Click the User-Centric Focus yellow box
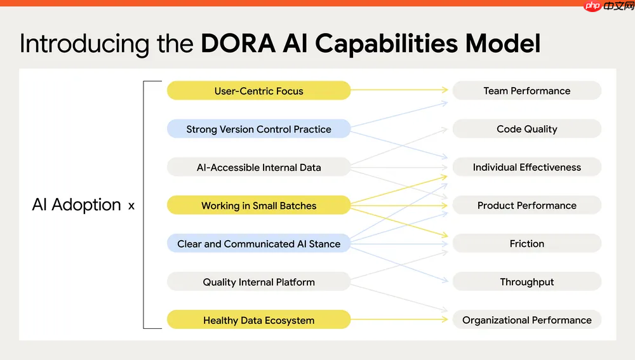pyautogui.click(x=258, y=91)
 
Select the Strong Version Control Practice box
pyautogui.click(x=258, y=129)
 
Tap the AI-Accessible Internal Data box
pyautogui.click(x=258, y=168)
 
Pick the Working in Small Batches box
pyautogui.click(x=258, y=205)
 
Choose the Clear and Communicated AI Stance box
pyautogui.click(x=258, y=244)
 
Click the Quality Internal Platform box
pyautogui.click(x=258, y=282)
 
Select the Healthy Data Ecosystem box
pyautogui.click(x=258, y=320)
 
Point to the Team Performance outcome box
pyautogui.click(x=526, y=91)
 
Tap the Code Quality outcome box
pyautogui.click(x=526, y=129)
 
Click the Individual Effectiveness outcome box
pyautogui.click(x=526, y=168)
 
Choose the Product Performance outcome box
pyautogui.click(x=526, y=205)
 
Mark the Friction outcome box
pyautogui.click(x=526, y=244)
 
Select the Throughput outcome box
pyautogui.click(x=526, y=282)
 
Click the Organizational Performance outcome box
pyautogui.click(x=526, y=320)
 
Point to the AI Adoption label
pyautogui.click(x=76, y=205)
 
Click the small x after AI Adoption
pyautogui.click(x=131, y=206)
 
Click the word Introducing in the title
pyautogui.click(x=83, y=44)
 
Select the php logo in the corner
pyautogui.click(x=592, y=6)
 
